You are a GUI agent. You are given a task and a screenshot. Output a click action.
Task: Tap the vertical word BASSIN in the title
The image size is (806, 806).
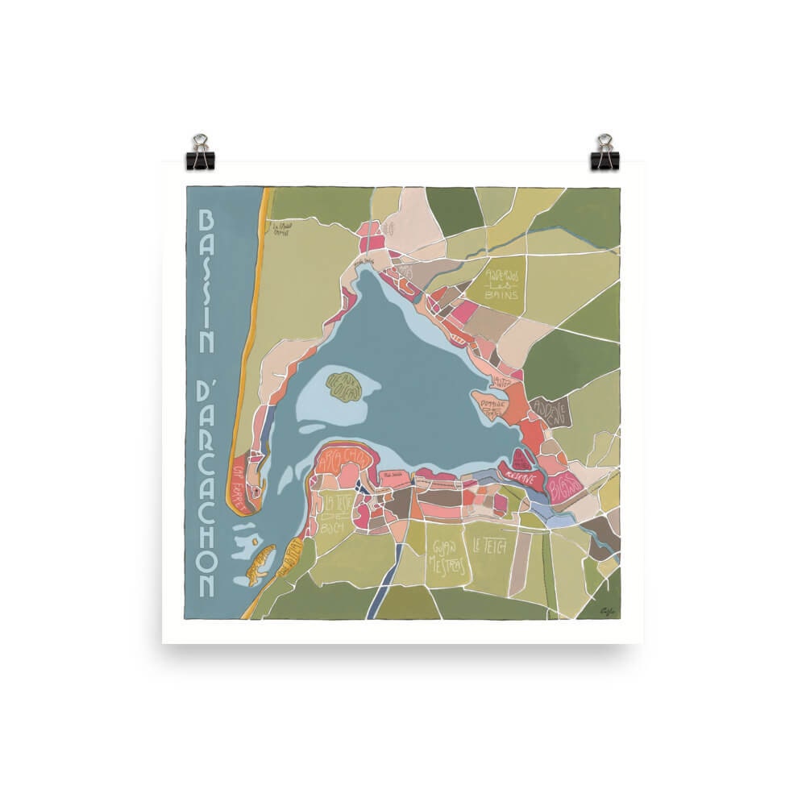click(x=206, y=282)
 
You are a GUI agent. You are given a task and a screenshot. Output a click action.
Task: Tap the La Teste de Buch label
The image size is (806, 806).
click(x=334, y=513)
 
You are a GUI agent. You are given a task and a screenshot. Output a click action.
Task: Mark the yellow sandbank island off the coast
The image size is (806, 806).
click(x=260, y=563)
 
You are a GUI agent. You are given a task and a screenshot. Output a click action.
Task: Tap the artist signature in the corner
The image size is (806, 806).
click(x=607, y=610)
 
